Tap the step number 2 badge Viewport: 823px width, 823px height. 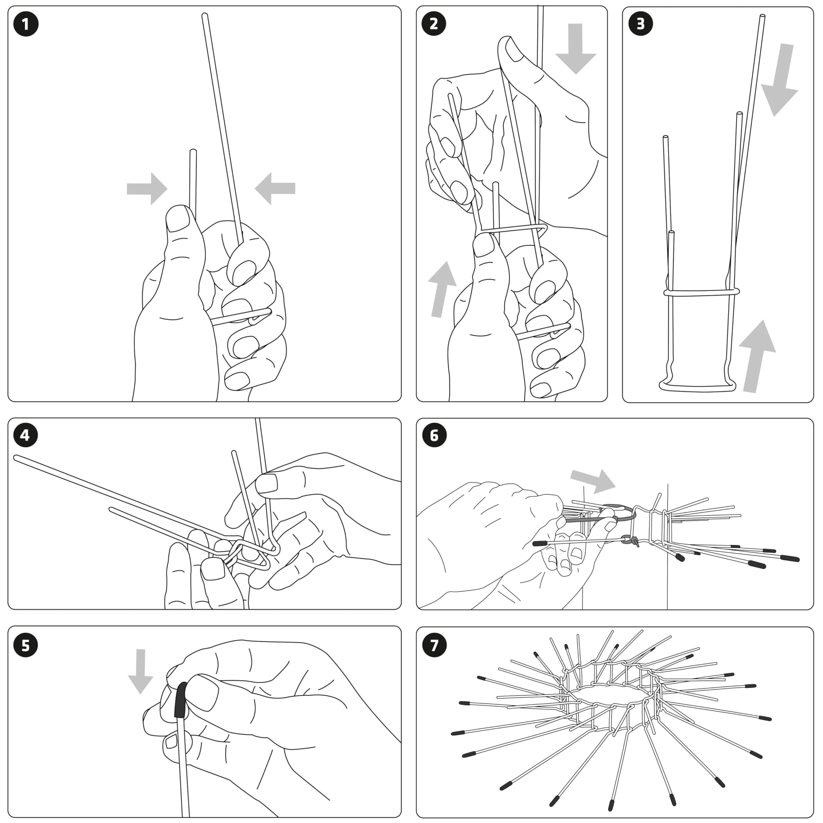[434, 24]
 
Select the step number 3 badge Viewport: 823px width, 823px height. [640, 24]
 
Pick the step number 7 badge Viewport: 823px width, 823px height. [434, 645]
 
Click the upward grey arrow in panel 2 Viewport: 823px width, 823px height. [440, 290]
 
